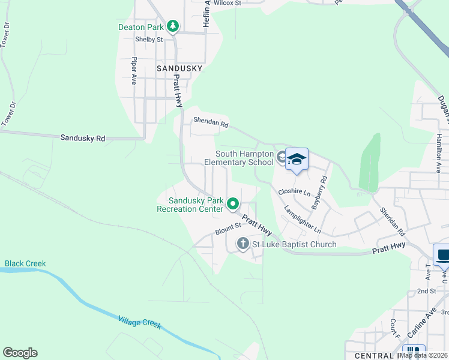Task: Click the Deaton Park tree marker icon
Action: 173,26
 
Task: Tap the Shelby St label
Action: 149,40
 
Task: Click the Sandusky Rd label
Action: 83,138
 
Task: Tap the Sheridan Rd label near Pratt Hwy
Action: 211,123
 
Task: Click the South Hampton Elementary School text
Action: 238,158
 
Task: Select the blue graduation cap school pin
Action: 297,159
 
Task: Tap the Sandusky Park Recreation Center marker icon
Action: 234,205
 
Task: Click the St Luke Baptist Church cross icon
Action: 243,244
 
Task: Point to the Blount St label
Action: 228,229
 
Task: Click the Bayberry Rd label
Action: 319,192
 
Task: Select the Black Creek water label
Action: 25,263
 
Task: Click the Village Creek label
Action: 140,322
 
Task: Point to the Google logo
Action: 20,353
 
